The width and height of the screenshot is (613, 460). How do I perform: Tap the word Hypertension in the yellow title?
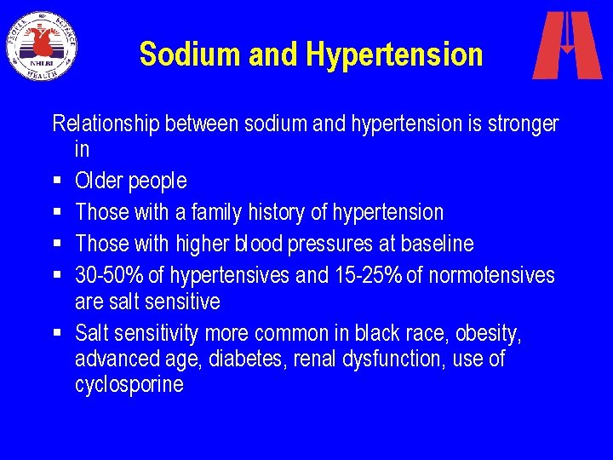[394, 55]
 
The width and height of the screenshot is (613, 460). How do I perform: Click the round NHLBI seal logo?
[42, 45]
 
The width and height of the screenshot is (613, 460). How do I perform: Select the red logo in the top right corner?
[566, 45]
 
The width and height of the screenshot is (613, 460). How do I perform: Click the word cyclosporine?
[129, 385]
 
